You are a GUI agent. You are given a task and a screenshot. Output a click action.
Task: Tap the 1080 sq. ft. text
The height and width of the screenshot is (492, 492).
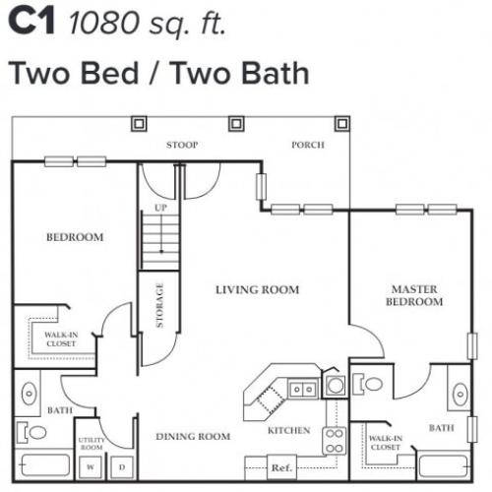coord(148,23)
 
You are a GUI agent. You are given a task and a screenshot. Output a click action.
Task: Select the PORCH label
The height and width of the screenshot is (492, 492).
coord(307,146)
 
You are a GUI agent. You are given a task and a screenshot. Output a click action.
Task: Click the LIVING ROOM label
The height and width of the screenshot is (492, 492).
coord(258,289)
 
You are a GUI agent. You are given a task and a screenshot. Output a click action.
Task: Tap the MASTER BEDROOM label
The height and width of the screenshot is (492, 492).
coord(414,295)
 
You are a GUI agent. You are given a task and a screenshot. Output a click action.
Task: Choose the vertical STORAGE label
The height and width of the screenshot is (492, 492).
coord(159,306)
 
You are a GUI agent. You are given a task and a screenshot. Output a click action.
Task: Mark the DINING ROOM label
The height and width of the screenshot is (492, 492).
coord(194,436)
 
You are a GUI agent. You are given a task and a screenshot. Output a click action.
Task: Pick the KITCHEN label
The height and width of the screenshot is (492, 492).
coord(288,430)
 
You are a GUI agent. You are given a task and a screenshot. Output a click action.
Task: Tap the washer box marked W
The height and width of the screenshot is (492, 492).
coord(92,466)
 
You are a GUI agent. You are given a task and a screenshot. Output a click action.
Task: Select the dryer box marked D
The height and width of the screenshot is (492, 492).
coord(122,466)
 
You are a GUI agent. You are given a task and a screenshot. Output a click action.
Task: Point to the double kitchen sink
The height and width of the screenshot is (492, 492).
coord(303,389)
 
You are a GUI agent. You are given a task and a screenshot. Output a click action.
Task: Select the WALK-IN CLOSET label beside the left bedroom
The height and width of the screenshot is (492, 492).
coord(60,338)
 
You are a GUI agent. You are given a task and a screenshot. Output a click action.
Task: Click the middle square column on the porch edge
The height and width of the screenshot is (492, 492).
coord(235,124)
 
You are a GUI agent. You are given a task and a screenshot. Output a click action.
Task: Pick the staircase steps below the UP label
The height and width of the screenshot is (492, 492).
coord(159,242)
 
